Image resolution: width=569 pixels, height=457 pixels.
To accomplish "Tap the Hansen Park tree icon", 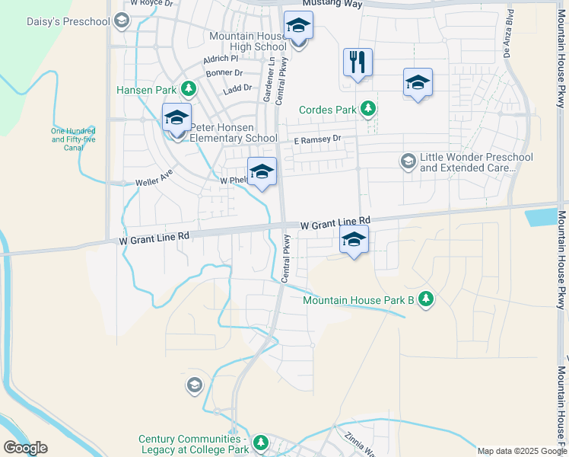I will pyautogui.click(x=189, y=90).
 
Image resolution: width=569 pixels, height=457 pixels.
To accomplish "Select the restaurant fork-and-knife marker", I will pyautogui.click(x=358, y=63).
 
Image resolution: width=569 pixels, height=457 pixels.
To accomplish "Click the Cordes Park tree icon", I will pyautogui.click(x=369, y=110).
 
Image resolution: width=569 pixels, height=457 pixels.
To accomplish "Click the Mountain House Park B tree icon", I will pyautogui.click(x=426, y=299).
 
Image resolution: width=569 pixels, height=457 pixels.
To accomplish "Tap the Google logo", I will pyautogui.click(x=25, y=448).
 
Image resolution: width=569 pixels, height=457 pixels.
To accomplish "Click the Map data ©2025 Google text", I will pyautogui.click(x=522, y=451).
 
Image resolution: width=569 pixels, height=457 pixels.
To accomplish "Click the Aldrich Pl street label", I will pyautogui.click(x=221, y=59).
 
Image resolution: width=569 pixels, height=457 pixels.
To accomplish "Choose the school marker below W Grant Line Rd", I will pyautogui.click(x=354, y=241).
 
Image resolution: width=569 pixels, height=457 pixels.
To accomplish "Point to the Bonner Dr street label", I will pyautogui.click(x=224, y=74).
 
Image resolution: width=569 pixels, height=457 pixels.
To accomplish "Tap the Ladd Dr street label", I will pyautogui.click(x=237, y=89).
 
